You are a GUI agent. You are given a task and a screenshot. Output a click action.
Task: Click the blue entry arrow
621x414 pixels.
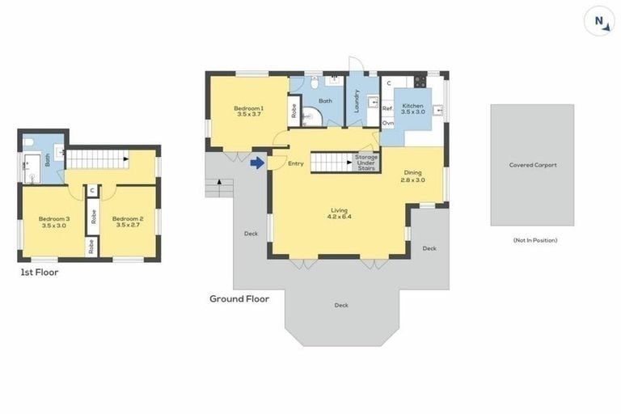[x=257, y=163]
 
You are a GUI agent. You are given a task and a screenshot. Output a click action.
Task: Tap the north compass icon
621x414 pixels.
[x=599, y=21]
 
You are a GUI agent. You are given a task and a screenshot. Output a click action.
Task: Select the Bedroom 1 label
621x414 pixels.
[x=249, y=111]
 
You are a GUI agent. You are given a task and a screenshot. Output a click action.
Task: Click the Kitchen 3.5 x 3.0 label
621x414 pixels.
[x=412, y=109]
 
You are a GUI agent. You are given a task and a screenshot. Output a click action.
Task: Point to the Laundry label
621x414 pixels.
[x=357, y=101]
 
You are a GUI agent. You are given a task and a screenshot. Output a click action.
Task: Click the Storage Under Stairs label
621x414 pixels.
[x=366, y=163]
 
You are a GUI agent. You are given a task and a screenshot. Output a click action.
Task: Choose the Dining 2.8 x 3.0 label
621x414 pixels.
[x=412, y=176]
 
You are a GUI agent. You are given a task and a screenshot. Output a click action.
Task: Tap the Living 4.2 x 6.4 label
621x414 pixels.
[x=340, y=213]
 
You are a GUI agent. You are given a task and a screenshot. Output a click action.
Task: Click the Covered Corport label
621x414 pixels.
[x=533, y=165]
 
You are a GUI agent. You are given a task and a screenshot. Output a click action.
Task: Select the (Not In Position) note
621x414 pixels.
[x=535, y=240]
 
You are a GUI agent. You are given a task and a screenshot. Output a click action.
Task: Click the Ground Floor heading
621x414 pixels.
[x=239, y=298]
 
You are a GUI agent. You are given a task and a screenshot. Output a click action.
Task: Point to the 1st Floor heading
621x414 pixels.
[x=39, y=272]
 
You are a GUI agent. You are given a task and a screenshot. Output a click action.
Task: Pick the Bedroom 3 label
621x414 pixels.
[x=54, y=222]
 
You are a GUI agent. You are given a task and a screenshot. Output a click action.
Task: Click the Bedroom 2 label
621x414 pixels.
[x=128, y=222]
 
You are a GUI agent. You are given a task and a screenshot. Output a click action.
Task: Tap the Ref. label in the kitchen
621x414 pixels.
[x=387, y=108]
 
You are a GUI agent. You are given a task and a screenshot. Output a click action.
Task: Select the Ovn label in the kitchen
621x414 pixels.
[x=388, y=123]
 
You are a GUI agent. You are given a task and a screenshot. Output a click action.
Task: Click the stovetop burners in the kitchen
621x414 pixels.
[x=420, y=82]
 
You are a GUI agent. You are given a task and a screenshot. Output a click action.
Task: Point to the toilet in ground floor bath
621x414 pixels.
[x=315, y=82]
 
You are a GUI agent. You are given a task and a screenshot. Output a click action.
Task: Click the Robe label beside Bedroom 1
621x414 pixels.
[x=294, y=111]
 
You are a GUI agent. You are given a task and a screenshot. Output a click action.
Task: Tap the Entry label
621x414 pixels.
[x=295, y=163]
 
